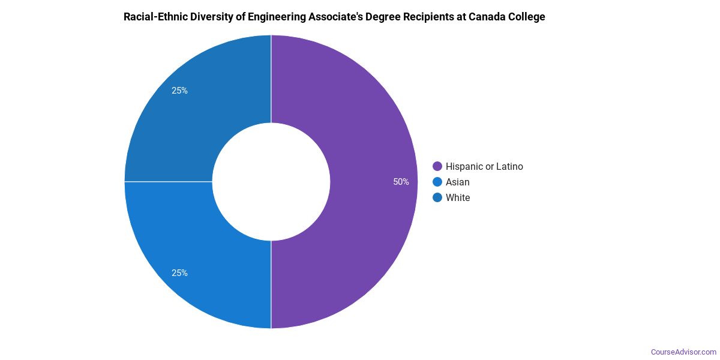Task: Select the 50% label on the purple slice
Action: click(x=401, y=182)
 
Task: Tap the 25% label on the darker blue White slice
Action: click(x=179, y=91)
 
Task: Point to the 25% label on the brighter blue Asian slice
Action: click(x=179, y=273)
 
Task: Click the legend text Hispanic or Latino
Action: click(x=484, y=167)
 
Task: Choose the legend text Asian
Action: click(x=458, y=182)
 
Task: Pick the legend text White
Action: click(x=458, y=198)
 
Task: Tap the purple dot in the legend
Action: click(x=437, y=167)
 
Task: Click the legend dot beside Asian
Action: click(x=437, y=182)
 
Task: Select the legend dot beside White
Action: click(x=437, y=198)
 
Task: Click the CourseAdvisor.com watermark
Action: click(x=683, y=352)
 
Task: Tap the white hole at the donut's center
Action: click(x=271, y=182)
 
